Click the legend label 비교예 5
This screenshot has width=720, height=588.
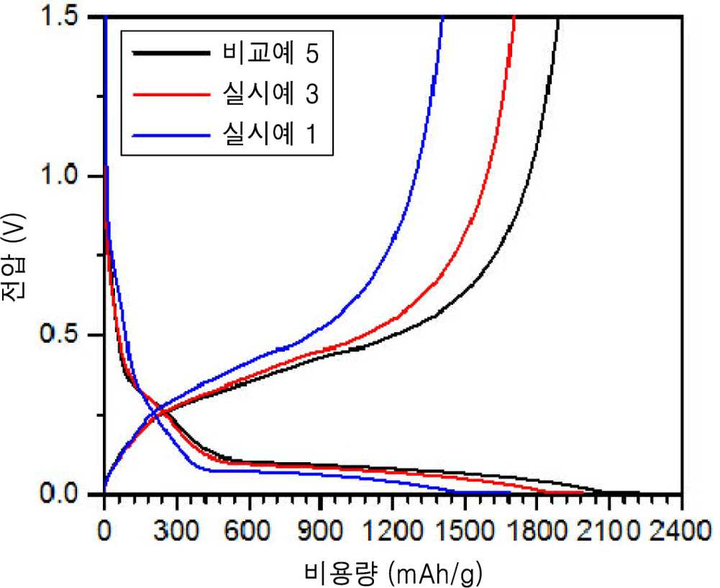(x=270, y=53)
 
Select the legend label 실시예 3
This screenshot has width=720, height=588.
(x=270, y=93)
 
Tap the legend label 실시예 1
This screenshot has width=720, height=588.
(x=270, y=134)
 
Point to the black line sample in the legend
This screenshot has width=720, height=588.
(x=170, y=52)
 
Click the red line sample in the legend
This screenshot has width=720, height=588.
(x=170, y=94)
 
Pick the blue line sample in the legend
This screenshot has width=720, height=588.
(x=170, y=135)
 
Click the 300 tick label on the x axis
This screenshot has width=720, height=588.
(x=177, y=531)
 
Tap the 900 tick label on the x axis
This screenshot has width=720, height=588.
(x=321, y=531)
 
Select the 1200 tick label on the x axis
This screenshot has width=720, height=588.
(x=393, y=531)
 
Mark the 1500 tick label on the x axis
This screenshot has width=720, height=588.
(x=465, y=531)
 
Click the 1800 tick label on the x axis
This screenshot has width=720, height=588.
(x=537, y=531)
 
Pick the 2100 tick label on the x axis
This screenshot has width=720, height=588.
(x=609, y=531)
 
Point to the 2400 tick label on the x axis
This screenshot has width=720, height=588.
(x=682, y=531)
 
